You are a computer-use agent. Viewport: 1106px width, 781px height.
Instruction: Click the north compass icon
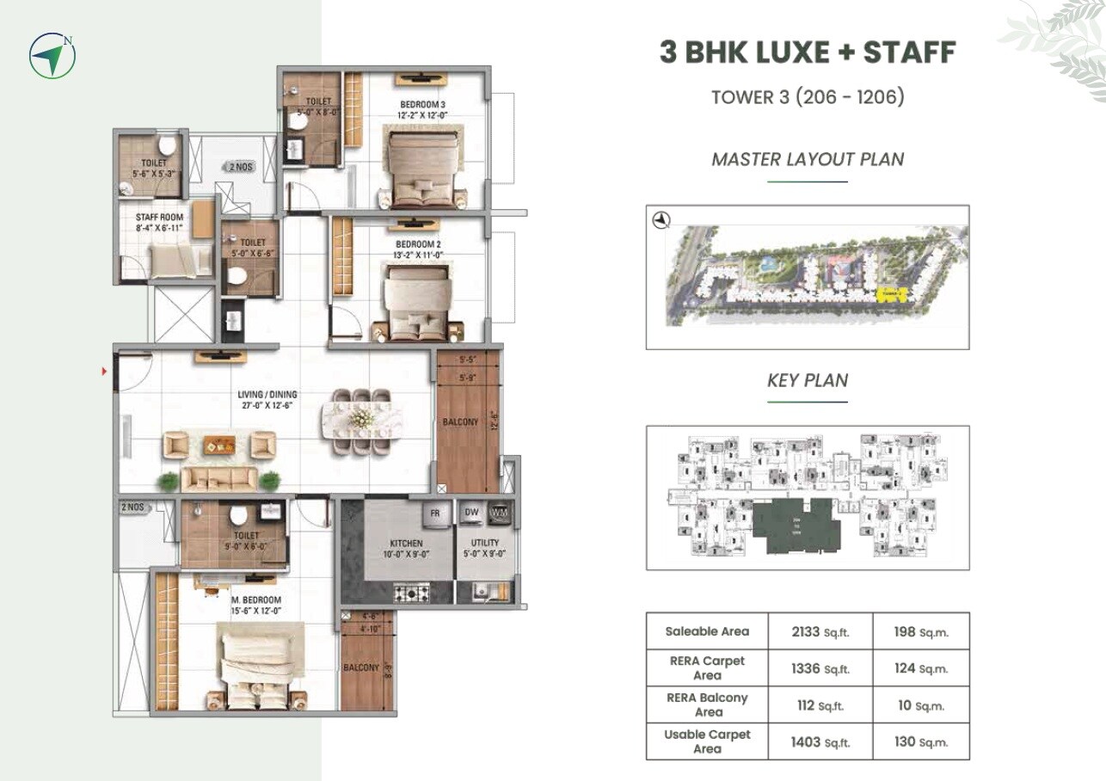52,56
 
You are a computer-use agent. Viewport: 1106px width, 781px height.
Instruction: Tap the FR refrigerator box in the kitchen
435,513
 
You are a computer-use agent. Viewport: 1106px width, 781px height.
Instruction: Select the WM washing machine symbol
498,513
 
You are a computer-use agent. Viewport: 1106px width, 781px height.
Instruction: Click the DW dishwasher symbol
470,513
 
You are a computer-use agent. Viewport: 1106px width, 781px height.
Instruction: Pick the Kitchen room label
406,549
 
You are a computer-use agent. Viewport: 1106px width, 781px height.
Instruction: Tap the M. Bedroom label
255,605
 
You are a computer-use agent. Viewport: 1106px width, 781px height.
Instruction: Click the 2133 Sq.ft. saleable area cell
820,631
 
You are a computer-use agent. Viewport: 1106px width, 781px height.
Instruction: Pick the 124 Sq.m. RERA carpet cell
919,668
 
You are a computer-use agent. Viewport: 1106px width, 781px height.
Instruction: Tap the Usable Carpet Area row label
707,741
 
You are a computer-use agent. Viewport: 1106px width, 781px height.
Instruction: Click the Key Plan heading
807,380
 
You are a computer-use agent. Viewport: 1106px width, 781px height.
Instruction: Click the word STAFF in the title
909,52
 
